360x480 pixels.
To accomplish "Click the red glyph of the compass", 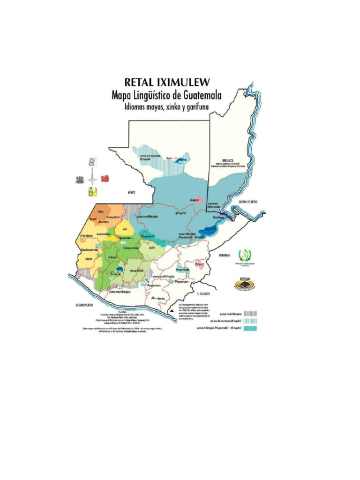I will pyautogui.click(x=105, y=179).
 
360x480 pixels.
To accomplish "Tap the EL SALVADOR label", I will pyautogui.click(x=204, y=294).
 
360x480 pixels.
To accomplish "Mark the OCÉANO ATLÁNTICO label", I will pyautogui.click(x=248, y=201).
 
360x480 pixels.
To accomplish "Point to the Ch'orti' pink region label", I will pyautogui.click(x=201, y=264).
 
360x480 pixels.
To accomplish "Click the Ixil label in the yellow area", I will pyautogui.click(x=124, y=229).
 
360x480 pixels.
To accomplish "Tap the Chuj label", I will pyautogui.click(x=100, y=212).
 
